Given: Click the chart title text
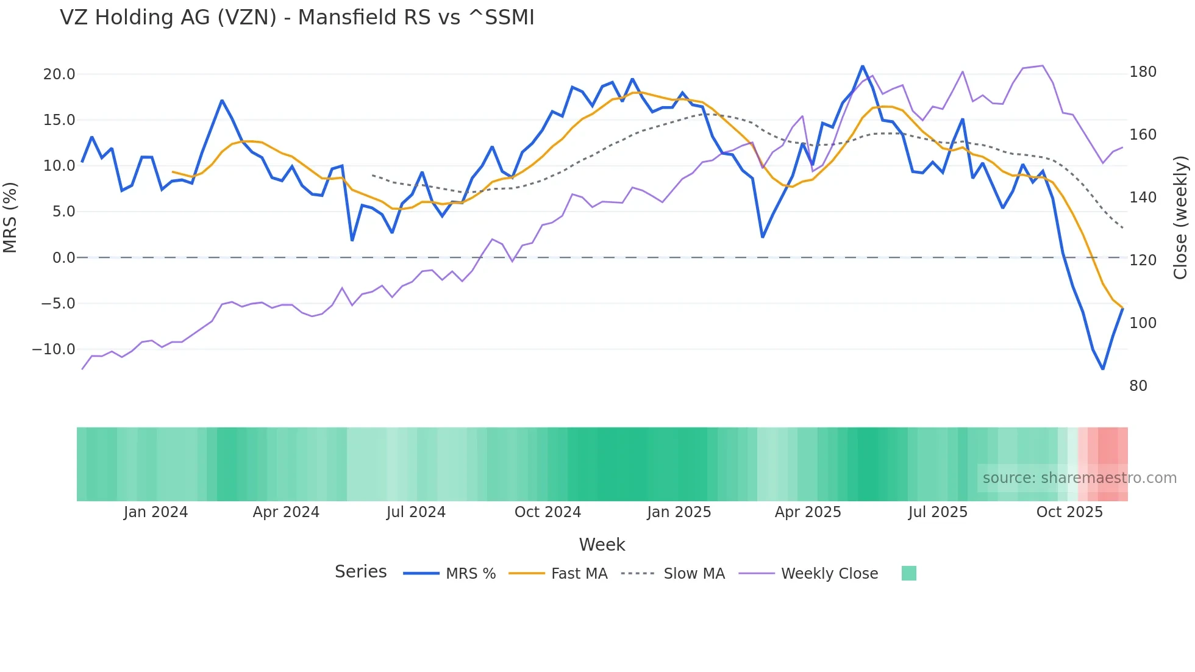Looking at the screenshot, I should coord(297,18).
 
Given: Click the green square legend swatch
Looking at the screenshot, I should coord(908,573).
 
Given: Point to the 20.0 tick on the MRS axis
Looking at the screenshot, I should coord(59,74).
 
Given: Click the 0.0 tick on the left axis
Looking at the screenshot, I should coord(63,258).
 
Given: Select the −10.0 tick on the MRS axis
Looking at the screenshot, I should coord(54,349).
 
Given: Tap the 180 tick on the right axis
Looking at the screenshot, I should coord(1143,72).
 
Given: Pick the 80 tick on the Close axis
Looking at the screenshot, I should coord(1138,386).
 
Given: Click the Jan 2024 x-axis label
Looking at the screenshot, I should coord(155,512).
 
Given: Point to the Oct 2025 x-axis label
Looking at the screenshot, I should coord(1069,512).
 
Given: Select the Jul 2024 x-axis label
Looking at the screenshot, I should coord(416,512).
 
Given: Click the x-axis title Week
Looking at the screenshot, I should coord(602,545).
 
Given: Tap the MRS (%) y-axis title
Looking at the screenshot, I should coord(10,217).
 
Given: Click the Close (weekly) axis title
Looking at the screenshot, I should coord(1180,217).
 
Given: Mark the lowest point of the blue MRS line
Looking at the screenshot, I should coord(1103,369).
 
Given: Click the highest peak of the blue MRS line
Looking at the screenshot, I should coord(863,66).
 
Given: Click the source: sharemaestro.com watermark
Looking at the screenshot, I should coord(1079,478).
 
